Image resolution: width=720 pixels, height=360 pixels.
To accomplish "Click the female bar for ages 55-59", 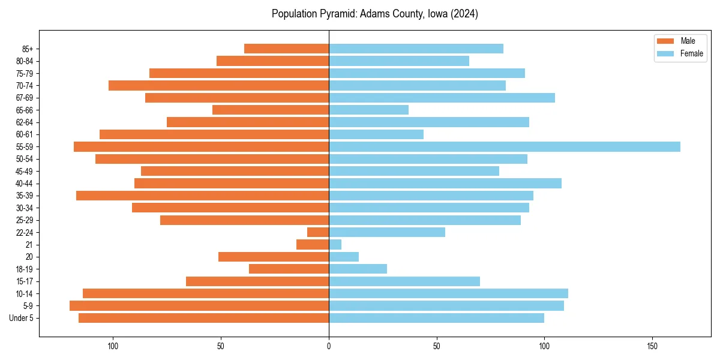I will [x=504, y=146].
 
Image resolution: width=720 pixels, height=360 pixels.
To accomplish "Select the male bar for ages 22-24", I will [x=318, y=232].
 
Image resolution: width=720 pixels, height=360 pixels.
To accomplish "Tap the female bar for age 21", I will [x=335, y=244].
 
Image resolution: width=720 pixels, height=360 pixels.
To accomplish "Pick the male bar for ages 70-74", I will [x=218, y=85].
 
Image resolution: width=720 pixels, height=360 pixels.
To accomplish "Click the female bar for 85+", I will [x=416, y=49].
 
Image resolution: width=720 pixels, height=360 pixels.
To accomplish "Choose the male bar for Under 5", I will [x=203, y=318].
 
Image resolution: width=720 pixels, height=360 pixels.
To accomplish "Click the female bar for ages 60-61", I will [x=376, y=134].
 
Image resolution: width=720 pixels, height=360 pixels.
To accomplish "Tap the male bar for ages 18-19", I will [x=289, y=269].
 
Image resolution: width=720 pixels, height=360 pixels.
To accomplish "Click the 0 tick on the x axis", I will [x=329, y=346].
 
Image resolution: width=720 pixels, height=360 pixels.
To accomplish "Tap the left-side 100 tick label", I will [x=113, y=346].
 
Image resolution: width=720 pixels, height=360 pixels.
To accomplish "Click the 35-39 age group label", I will [x=24, y=196].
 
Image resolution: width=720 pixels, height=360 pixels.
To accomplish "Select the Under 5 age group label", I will [x=22, y=318].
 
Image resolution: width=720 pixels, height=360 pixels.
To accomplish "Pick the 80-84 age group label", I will [x=24, y=61].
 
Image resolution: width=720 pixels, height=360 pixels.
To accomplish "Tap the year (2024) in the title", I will [x=466, y=14].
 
